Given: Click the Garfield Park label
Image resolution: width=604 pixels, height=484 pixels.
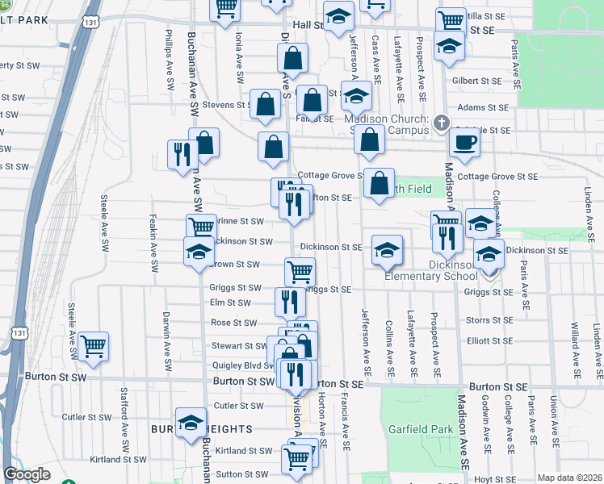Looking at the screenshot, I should click(x=420, y=429).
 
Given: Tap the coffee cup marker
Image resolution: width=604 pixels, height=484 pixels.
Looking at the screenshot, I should click(x=465, y=144).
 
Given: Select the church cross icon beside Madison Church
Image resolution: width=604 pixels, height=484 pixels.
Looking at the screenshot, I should click(x=441, y=123).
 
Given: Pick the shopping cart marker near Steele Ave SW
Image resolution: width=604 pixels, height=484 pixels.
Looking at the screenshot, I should click(x=94, y=347).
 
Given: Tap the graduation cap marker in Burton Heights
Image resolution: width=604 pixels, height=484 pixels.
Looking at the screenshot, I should click(x=191, y=423).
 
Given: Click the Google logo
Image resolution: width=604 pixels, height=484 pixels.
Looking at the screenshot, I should click(x=27, y=474).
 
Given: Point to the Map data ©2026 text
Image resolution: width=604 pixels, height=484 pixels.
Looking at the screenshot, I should click(x=569, y=478).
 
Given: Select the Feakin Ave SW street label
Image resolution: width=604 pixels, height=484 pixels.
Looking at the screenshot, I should click(x=153, y=240).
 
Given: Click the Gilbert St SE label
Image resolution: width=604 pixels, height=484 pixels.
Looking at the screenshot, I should click(x=477, y=81).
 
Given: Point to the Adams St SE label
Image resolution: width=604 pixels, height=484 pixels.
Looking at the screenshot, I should click(x=483, y=106).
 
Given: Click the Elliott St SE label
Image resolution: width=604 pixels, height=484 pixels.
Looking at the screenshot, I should click(x=490, y=341).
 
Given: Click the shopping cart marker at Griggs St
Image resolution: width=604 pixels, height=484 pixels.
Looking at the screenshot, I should click(x=300, y=272).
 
